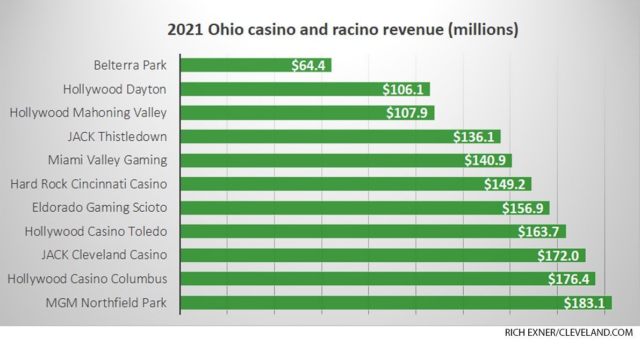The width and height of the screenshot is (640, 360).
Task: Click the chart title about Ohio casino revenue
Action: pos(342,30)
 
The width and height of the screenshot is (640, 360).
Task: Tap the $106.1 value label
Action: pos(403,89)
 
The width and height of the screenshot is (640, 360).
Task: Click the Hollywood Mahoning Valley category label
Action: pos(88,113)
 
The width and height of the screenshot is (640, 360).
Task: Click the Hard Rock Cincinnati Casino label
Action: pos(89,184)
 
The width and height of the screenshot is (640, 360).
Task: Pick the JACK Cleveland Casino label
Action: pos(104,255)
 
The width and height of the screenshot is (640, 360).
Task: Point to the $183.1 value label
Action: pos(585,303)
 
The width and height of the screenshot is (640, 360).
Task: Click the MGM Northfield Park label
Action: pos(106,303)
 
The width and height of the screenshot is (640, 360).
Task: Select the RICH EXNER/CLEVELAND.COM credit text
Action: pos(569,333)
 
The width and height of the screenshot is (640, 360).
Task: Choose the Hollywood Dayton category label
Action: pos(114,89)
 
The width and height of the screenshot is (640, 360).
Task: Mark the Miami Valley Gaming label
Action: pos(107,160)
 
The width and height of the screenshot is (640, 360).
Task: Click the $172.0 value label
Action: pos(558,255)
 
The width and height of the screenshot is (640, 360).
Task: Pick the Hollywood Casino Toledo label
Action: pos(96,232)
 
